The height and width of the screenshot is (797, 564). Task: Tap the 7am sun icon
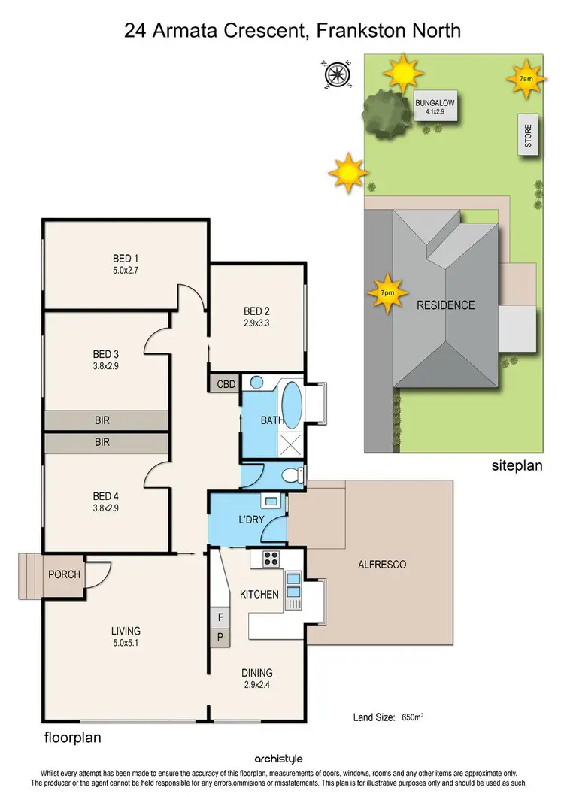526,78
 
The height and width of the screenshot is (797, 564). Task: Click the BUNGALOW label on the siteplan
435,105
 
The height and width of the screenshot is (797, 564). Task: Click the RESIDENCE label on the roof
446,305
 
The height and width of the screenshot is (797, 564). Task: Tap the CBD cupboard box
226,383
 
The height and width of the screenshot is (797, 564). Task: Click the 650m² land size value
411,717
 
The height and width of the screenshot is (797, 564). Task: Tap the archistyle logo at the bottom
281,759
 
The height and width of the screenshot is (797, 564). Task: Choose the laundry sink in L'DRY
270,501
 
